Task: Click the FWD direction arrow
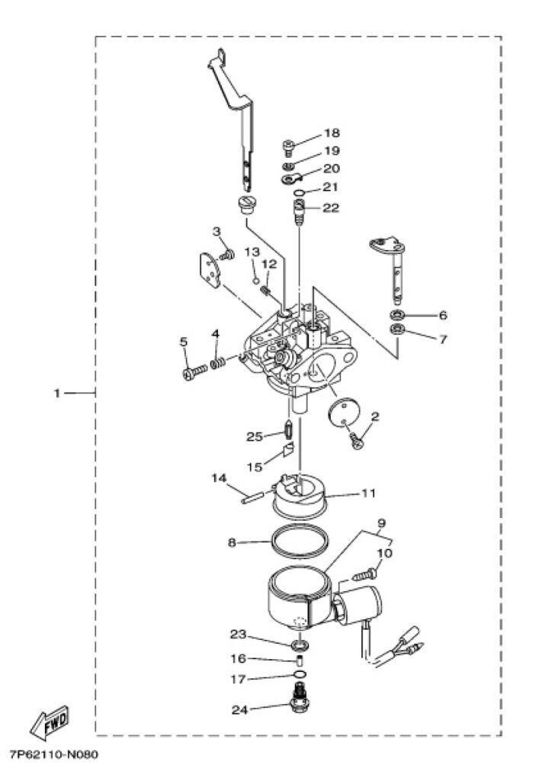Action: (50, 723)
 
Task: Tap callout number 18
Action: (332, 133)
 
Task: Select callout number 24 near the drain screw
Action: (240, 710)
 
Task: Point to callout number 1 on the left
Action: (57, 393)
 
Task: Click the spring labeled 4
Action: (218, 363)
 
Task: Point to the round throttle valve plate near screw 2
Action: (344, 411)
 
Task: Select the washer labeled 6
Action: (396, 315)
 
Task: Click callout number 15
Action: (255, 467)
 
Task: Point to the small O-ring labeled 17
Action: (300, 674)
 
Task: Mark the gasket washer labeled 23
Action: (300, 646)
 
